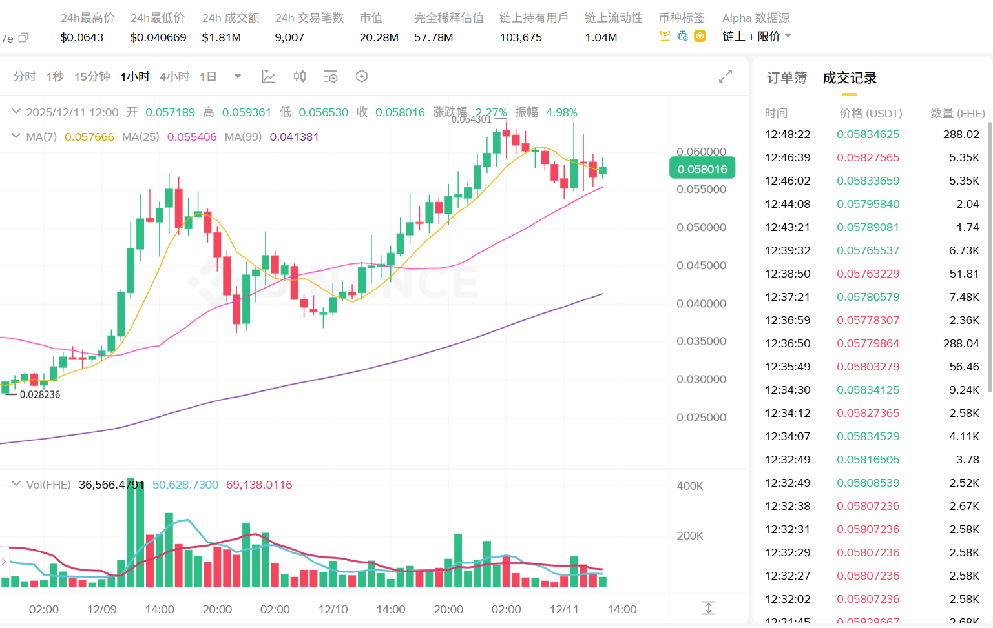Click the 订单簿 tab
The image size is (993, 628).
(x=786, y=78)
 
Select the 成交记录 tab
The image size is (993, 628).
(x=849, y=78)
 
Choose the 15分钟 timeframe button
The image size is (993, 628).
(x=92, y=77)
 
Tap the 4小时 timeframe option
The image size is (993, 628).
(x=174, y=77)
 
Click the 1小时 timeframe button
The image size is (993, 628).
(x=135, y=77)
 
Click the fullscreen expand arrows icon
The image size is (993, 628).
(x=726, y=76)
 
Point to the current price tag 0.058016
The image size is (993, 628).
(x=702, y=169)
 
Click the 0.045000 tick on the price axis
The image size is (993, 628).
(x=701, y=265)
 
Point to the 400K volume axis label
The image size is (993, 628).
(x=689, y=486)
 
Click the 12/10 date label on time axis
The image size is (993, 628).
(x=333, y=609)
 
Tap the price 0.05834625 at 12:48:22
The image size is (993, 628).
(x=868, y=134)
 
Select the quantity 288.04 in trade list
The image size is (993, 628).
(x=961, y=343)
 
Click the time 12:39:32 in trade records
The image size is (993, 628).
(x=787, y=250)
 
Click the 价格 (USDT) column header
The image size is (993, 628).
(x=870, y=114)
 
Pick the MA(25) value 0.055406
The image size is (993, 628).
(x=192, y=137)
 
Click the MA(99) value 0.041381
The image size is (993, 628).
(x=294, y=137)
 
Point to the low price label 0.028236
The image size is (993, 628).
(x=40, y=394)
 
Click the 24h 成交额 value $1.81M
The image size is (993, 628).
(x=221, y=37)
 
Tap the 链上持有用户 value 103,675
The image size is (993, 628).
(x=521, y=37)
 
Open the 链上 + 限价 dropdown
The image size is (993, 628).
(x=757, y=37)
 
